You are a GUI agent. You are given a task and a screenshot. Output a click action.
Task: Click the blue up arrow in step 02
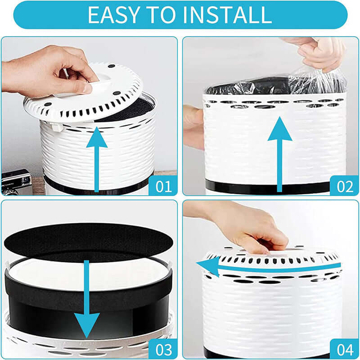280,153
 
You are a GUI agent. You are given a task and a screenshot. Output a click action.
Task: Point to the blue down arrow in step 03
87,306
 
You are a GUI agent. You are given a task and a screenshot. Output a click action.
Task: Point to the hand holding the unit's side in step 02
193,126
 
